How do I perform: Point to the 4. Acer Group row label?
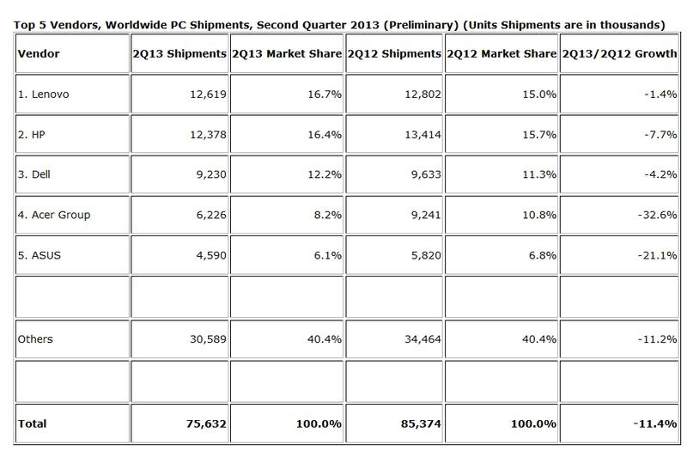pyautogui.click(x=54, y=215)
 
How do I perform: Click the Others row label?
pyautogui.click(x=35, y=339)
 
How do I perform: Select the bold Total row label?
pyautogui.click(x=33, y=424)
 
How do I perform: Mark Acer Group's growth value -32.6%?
pyautogui.click(x=656, y=215)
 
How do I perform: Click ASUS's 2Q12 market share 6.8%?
pyautogui.click(x=536, y=254)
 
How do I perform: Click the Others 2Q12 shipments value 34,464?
pyautogui.click(x=416, y=339)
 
